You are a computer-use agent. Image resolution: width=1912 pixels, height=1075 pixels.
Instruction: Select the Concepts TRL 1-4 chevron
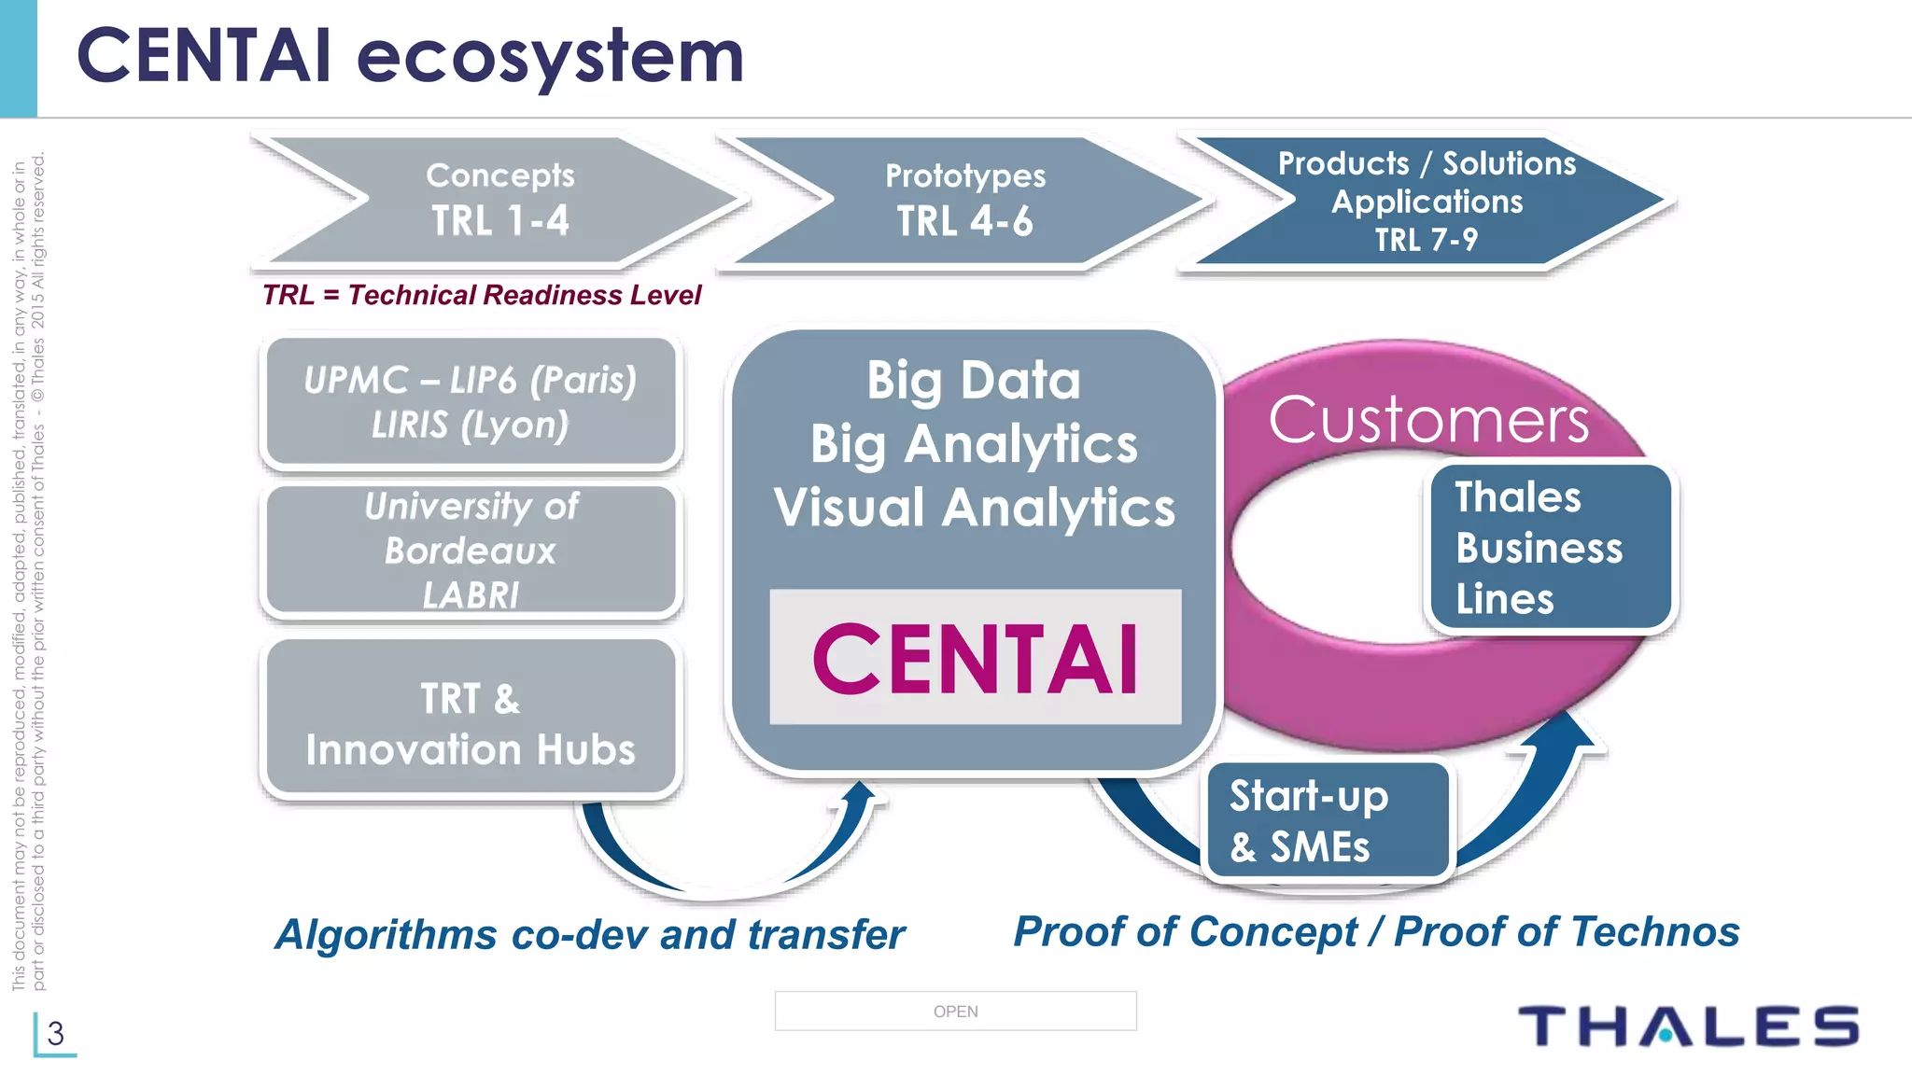point(499,200)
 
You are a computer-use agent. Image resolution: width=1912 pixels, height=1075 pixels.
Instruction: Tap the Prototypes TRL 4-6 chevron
point(965,200)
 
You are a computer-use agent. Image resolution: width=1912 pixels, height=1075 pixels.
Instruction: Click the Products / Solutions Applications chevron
point(1427,202)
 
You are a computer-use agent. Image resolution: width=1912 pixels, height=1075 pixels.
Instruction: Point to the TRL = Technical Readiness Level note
point(481,295)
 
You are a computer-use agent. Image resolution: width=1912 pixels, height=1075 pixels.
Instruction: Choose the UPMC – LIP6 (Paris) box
point(471,402)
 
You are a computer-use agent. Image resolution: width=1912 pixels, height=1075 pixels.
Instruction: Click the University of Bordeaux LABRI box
point(471,550)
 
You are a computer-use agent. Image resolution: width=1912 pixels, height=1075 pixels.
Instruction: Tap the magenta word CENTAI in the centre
point(975,659)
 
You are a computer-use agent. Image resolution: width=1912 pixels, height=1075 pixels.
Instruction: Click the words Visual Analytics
point(975,508)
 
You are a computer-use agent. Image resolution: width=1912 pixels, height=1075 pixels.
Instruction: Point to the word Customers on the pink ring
point(1428,420)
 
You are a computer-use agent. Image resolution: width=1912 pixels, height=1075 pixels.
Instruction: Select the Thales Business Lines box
point(1550,548)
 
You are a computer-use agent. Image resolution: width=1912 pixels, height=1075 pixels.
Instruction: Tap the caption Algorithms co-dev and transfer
point(590,934)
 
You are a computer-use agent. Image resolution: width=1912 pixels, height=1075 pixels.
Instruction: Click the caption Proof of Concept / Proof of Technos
point(1376,931)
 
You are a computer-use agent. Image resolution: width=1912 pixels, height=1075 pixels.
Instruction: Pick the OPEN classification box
point(955,1011)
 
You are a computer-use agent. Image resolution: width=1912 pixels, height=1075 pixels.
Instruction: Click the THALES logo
point(1688,1026)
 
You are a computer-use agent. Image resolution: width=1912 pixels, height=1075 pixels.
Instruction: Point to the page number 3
point(55,1033)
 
